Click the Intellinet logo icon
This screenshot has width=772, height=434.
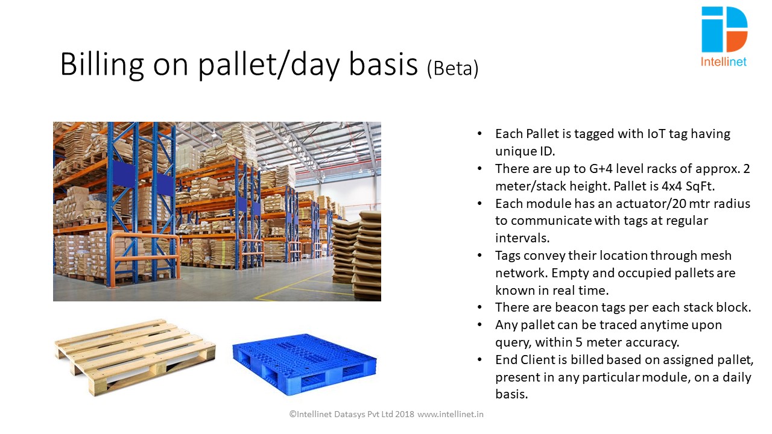[724, 30]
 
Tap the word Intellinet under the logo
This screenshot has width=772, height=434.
[723, 62]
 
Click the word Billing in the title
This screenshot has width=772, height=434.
[102, 65]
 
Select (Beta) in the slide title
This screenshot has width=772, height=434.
[452, 68]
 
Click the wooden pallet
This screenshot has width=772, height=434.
[134, 357]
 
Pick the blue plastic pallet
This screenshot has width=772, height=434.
[305, 363]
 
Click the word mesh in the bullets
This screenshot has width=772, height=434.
[715, 256]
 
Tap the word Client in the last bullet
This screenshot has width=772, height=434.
[539, 360]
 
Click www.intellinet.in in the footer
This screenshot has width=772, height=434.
[451, 414]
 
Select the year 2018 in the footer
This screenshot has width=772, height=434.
[405, 414]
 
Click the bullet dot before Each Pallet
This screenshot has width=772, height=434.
[479, 134]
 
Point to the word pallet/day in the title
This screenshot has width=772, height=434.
[269, 65]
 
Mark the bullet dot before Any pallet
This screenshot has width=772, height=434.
[479, 325]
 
